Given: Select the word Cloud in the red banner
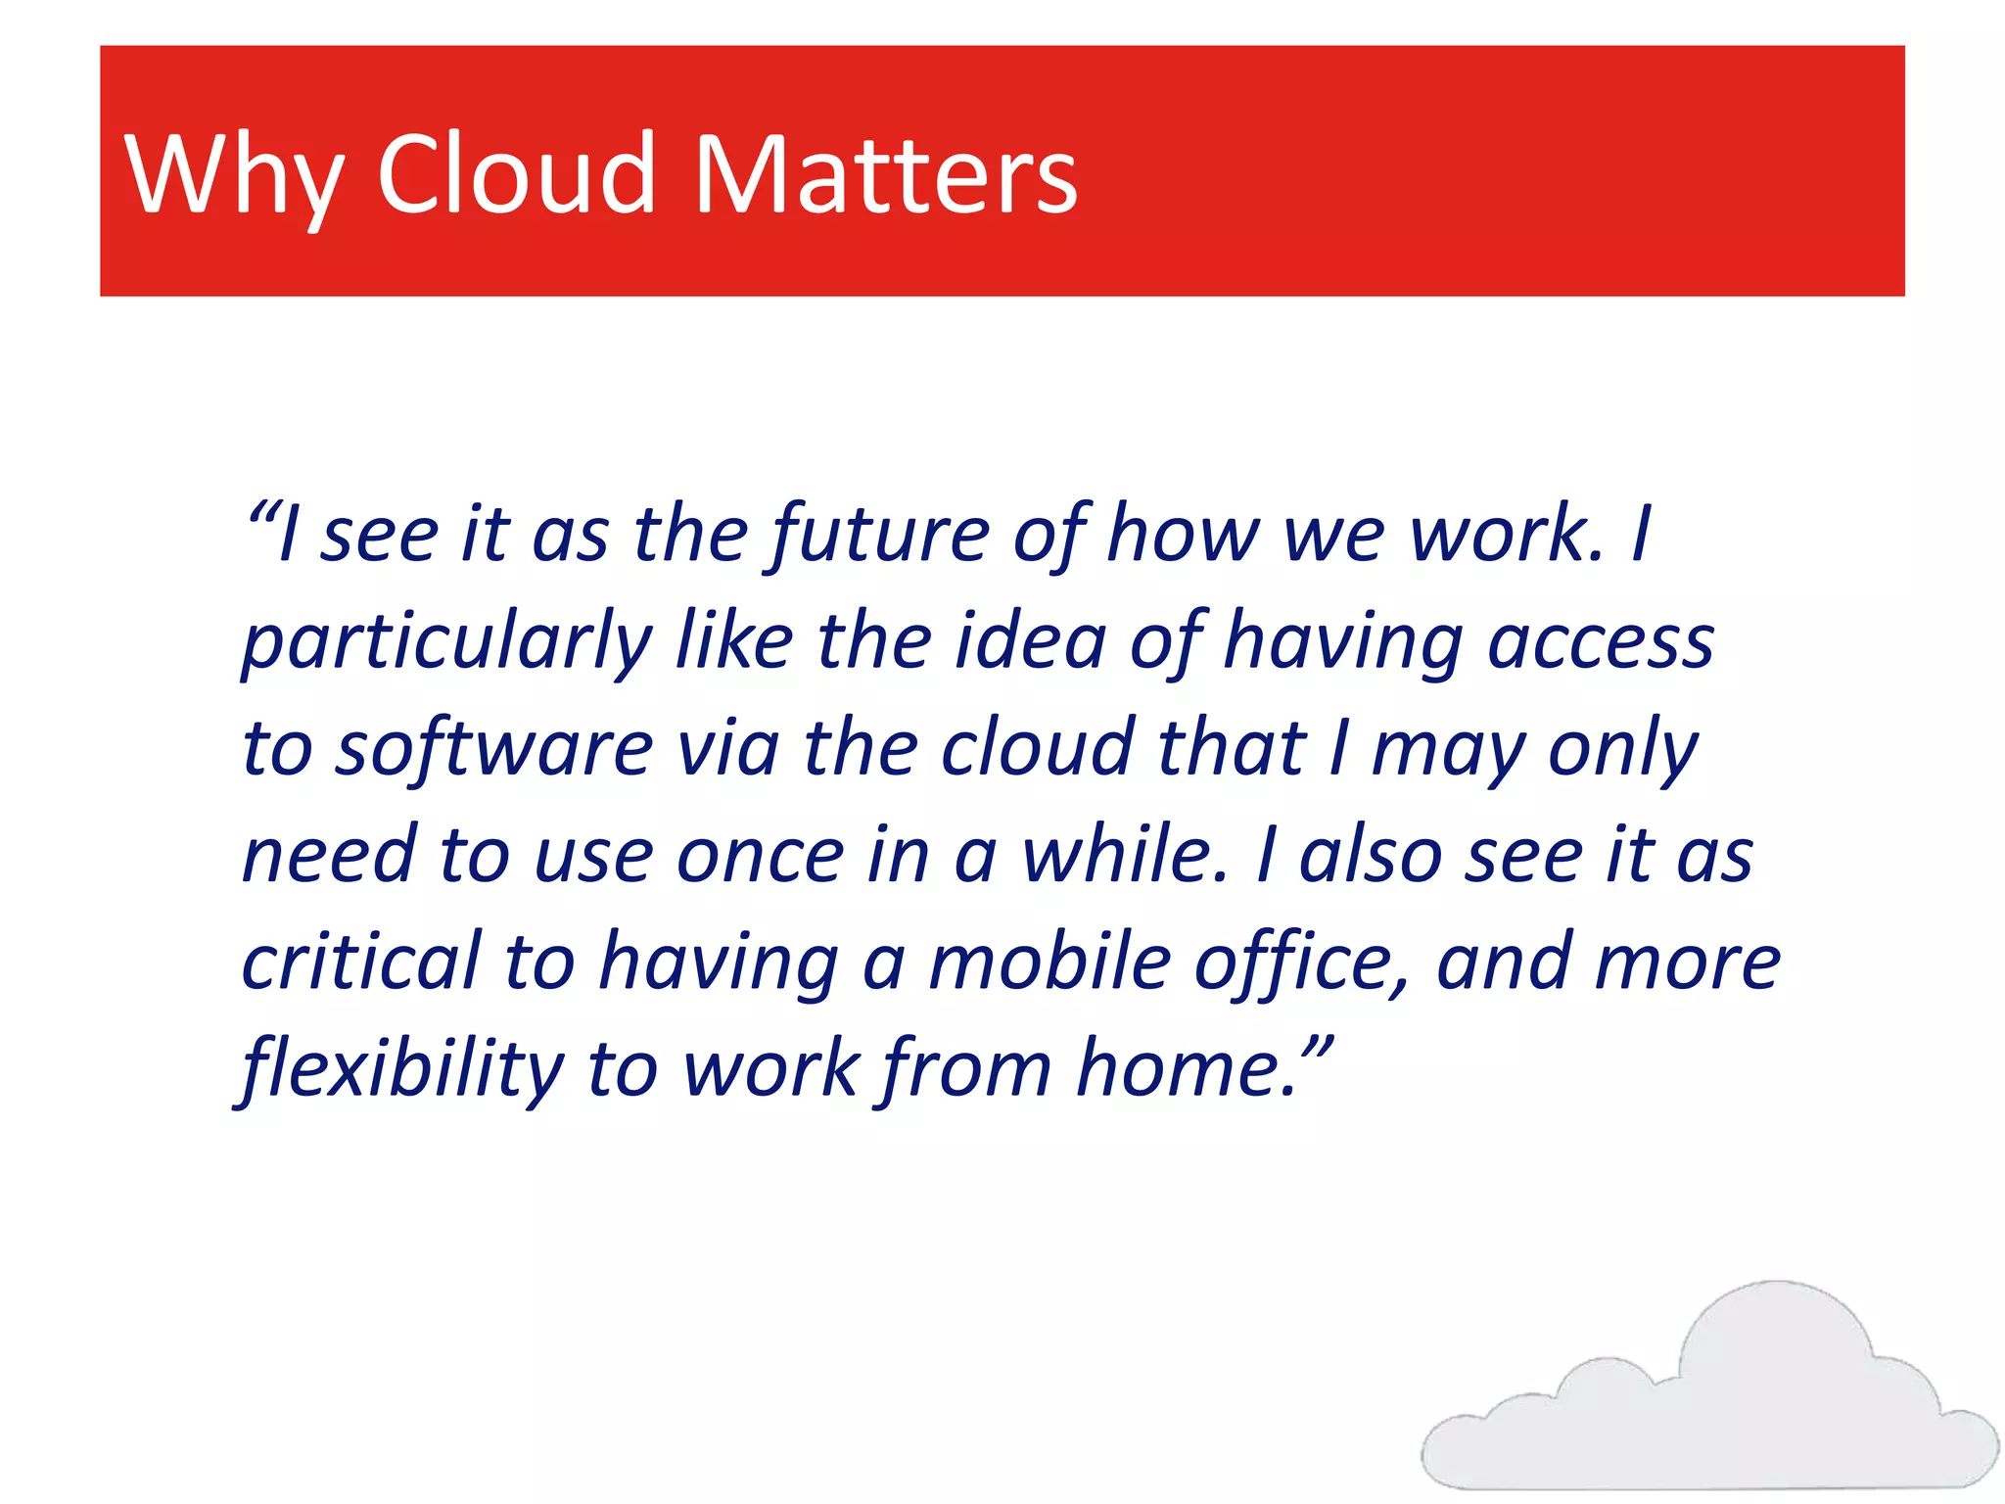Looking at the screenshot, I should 516,174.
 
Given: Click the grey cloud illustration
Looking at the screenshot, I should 1708,1400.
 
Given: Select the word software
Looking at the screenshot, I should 493,750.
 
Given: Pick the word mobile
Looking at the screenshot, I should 1049,963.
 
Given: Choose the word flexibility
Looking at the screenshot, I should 402,1070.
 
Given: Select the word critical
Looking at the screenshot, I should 361,963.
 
